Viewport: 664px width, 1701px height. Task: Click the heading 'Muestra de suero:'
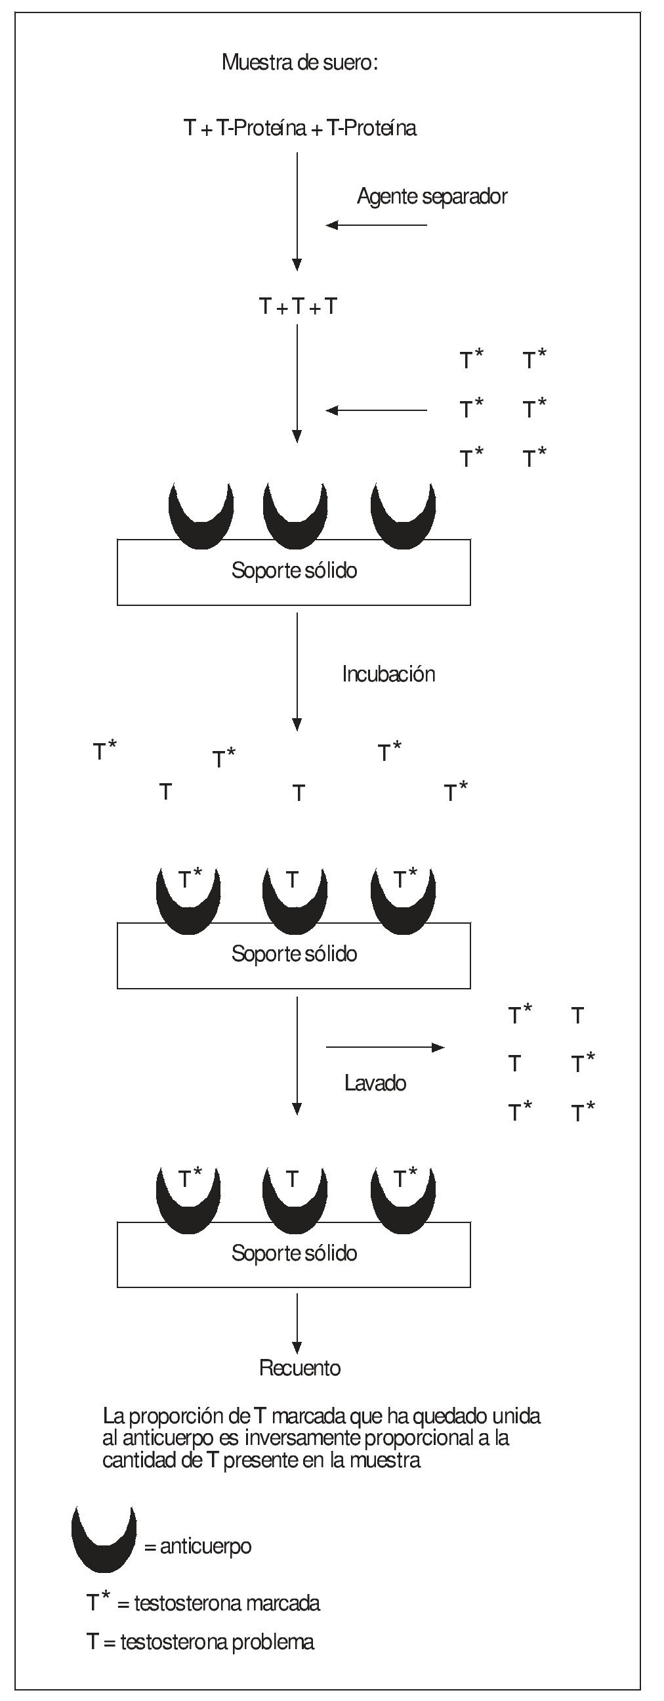300,63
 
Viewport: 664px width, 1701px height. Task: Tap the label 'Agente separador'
432,196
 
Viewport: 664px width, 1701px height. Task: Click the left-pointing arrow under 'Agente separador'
376,225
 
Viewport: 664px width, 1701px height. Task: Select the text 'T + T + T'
298,307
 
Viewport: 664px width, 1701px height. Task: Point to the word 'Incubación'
388,674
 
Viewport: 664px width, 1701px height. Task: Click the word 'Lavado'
375,1083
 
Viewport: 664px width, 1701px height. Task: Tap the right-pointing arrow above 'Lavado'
385,1047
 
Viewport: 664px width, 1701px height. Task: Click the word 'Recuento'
300,1367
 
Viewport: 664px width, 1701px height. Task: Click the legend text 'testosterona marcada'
227,1603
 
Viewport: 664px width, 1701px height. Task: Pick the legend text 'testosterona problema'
217,1642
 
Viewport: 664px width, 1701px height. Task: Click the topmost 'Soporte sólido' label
295,571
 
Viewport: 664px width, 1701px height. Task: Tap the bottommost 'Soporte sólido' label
295,1253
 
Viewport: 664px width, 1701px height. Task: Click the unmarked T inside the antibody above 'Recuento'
293,1178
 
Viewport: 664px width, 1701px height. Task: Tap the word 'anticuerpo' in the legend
205,1547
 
